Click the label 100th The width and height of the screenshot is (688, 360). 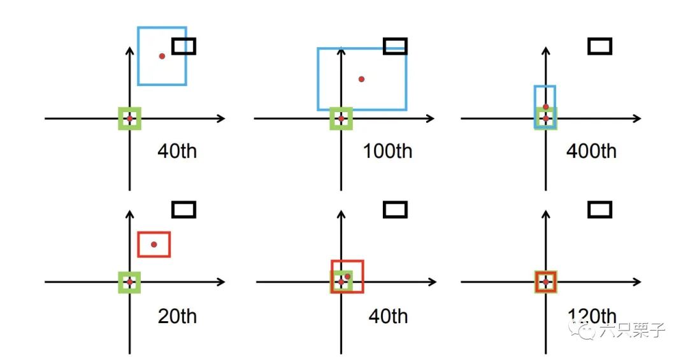387,152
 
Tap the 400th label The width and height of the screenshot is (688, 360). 591,152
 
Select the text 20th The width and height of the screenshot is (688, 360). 177,316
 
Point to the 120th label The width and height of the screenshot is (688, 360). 591,316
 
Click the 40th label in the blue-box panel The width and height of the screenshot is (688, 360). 177,152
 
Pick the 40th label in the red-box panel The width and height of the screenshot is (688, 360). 388,316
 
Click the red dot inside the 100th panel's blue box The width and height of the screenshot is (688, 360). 361,79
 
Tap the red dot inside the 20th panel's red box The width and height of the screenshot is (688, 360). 154,244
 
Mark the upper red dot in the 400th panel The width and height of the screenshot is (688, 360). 546,107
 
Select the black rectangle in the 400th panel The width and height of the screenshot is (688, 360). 599,46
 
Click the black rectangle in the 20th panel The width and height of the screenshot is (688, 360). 183,209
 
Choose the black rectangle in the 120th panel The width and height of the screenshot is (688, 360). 599,209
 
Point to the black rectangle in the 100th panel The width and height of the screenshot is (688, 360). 395,46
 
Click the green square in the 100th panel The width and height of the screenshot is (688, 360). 341,119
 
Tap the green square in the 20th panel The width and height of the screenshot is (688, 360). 129,282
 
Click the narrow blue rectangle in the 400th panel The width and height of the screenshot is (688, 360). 545,87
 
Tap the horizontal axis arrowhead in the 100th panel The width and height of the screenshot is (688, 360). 431,119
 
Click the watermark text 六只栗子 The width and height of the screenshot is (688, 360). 631,330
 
